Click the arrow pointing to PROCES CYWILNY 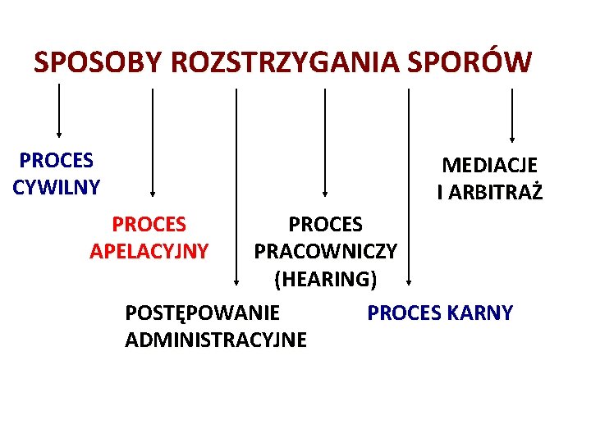tap(58, 111)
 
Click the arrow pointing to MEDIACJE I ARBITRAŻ tap(512, 115)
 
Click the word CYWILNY tap(57, 187)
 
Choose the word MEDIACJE tap(490, 165)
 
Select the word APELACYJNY tap(149, 249)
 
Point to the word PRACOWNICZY tap(326, 250)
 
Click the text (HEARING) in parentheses tap(326, 279)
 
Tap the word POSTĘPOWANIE tap(202, 313)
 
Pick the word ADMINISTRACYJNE tap(216, 340)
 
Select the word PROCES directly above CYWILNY tap(57, 159)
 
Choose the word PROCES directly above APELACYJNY tap(149, 223)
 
